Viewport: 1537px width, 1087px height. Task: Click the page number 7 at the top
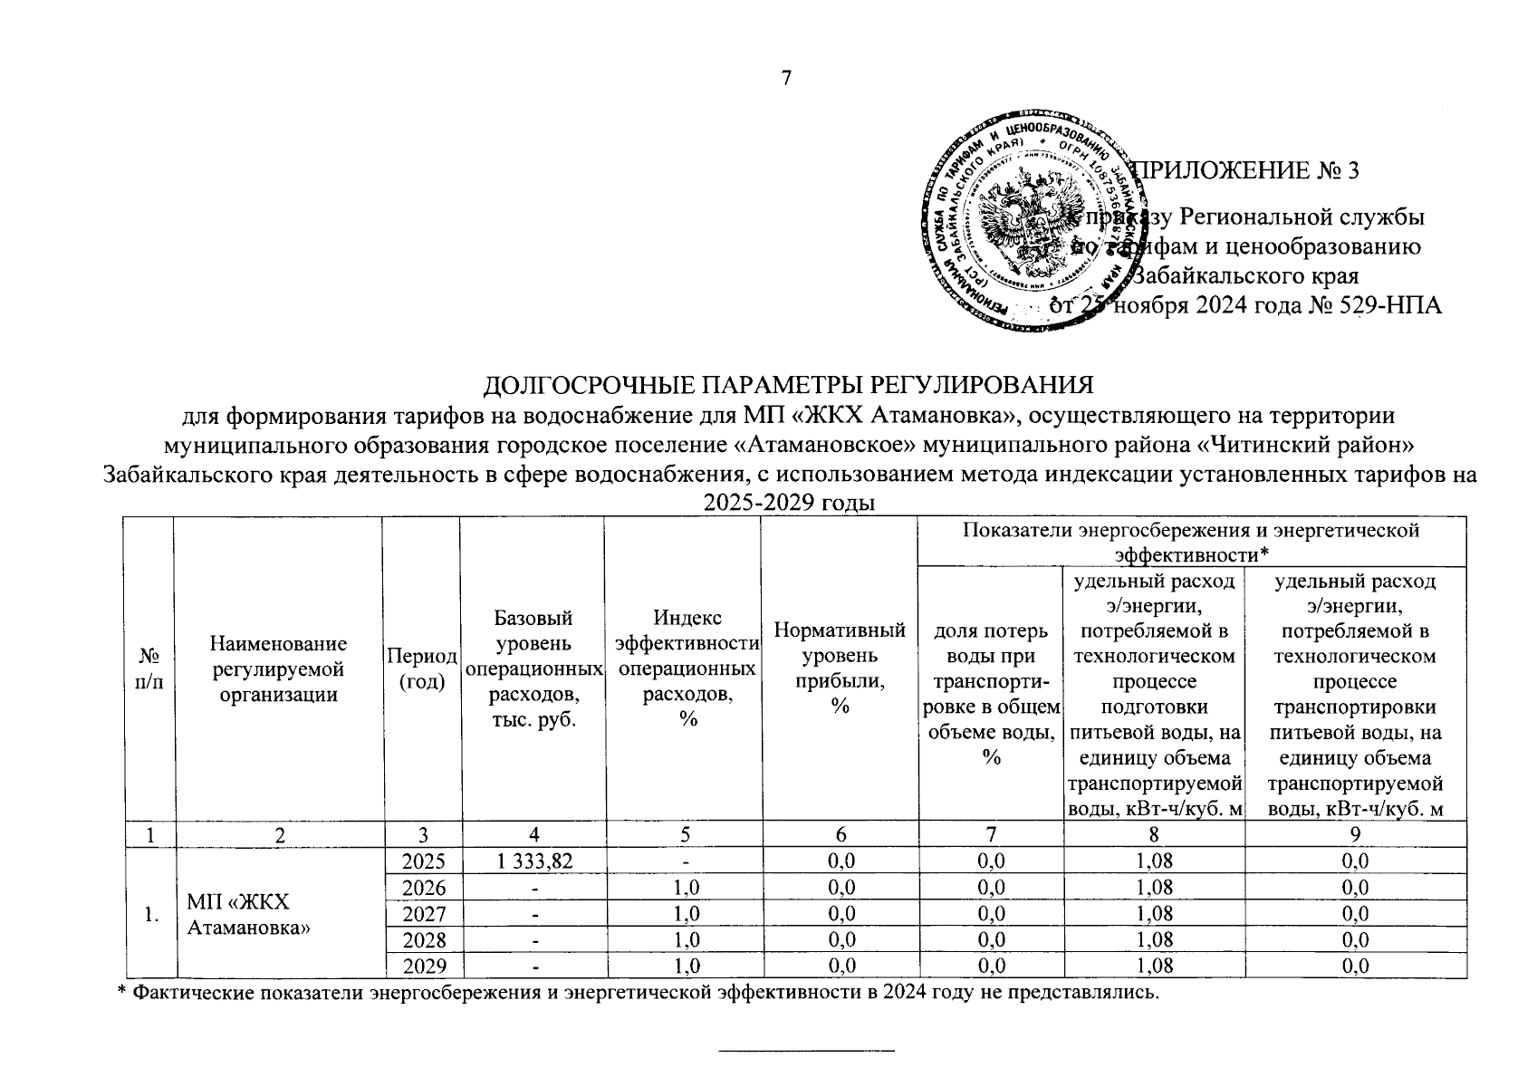pos(786,79)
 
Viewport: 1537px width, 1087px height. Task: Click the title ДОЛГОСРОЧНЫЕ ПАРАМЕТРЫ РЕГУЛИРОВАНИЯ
pos(788,385)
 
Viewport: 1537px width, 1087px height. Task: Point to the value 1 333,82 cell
pos(532,861)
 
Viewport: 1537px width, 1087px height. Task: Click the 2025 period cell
pos(423,861)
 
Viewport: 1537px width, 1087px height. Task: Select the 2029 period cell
pos(423,966)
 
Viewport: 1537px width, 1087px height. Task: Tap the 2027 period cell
pos(423,913)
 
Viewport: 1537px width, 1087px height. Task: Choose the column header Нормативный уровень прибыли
pos(840,669)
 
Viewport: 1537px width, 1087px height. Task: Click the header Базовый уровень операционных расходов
pos(533,669)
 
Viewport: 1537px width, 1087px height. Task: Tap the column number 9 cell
pos(1355,835)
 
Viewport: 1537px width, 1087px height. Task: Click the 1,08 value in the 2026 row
pos(1154,887)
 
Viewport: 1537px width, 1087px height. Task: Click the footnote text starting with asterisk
pos(639,993)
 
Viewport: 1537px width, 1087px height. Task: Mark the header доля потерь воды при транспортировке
pos(991,693)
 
